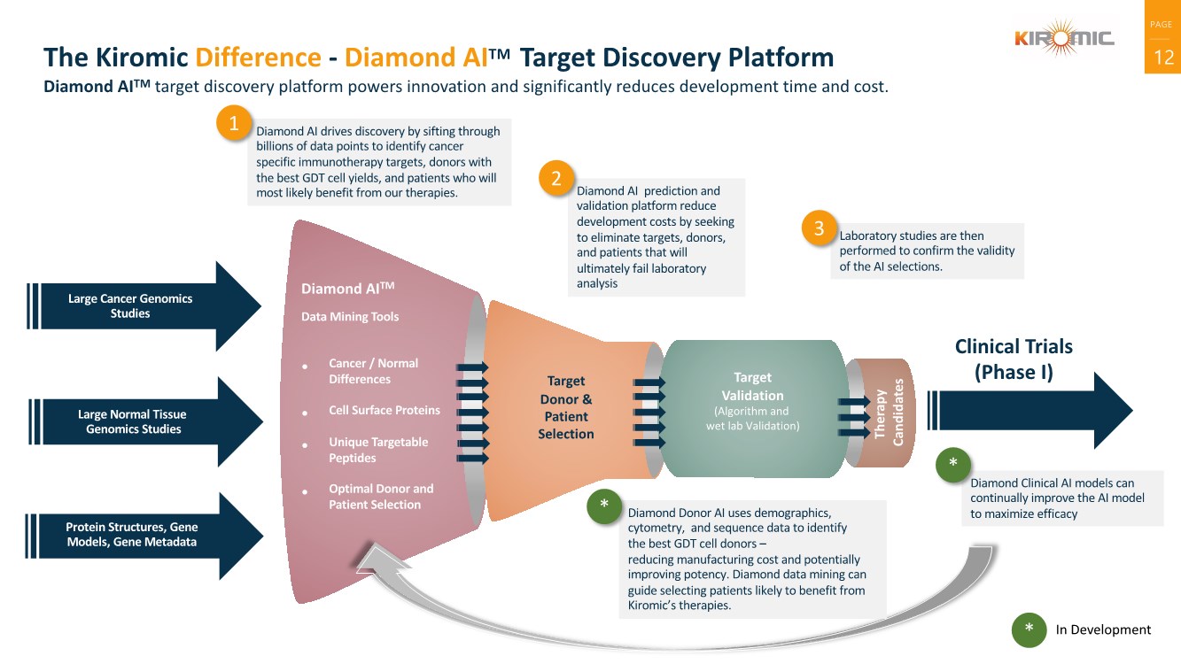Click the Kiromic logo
click(x=1064, y=37)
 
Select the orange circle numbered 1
click(x=234, y=125)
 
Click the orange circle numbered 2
click(x=556, y=179)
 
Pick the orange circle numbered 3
click(x=819, y=228)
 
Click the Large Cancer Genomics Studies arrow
click(x=142, y=306)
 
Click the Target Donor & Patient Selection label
click(x=566, y=407)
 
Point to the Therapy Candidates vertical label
click(x=889, y=413)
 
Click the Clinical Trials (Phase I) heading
click(x=1014, y=359)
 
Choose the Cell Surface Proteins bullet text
click(x=384, y=410)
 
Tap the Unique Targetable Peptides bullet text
click(x=377, y=450)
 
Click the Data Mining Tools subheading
click(x=350, y=317)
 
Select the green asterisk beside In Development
click(x=1029, y=629)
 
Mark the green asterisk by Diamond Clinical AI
click(x=952, y=465)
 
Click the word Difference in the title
click(x=258, y=58)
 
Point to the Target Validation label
click(x=752, y=386)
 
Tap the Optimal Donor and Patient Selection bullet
click(x=381, y=497)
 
